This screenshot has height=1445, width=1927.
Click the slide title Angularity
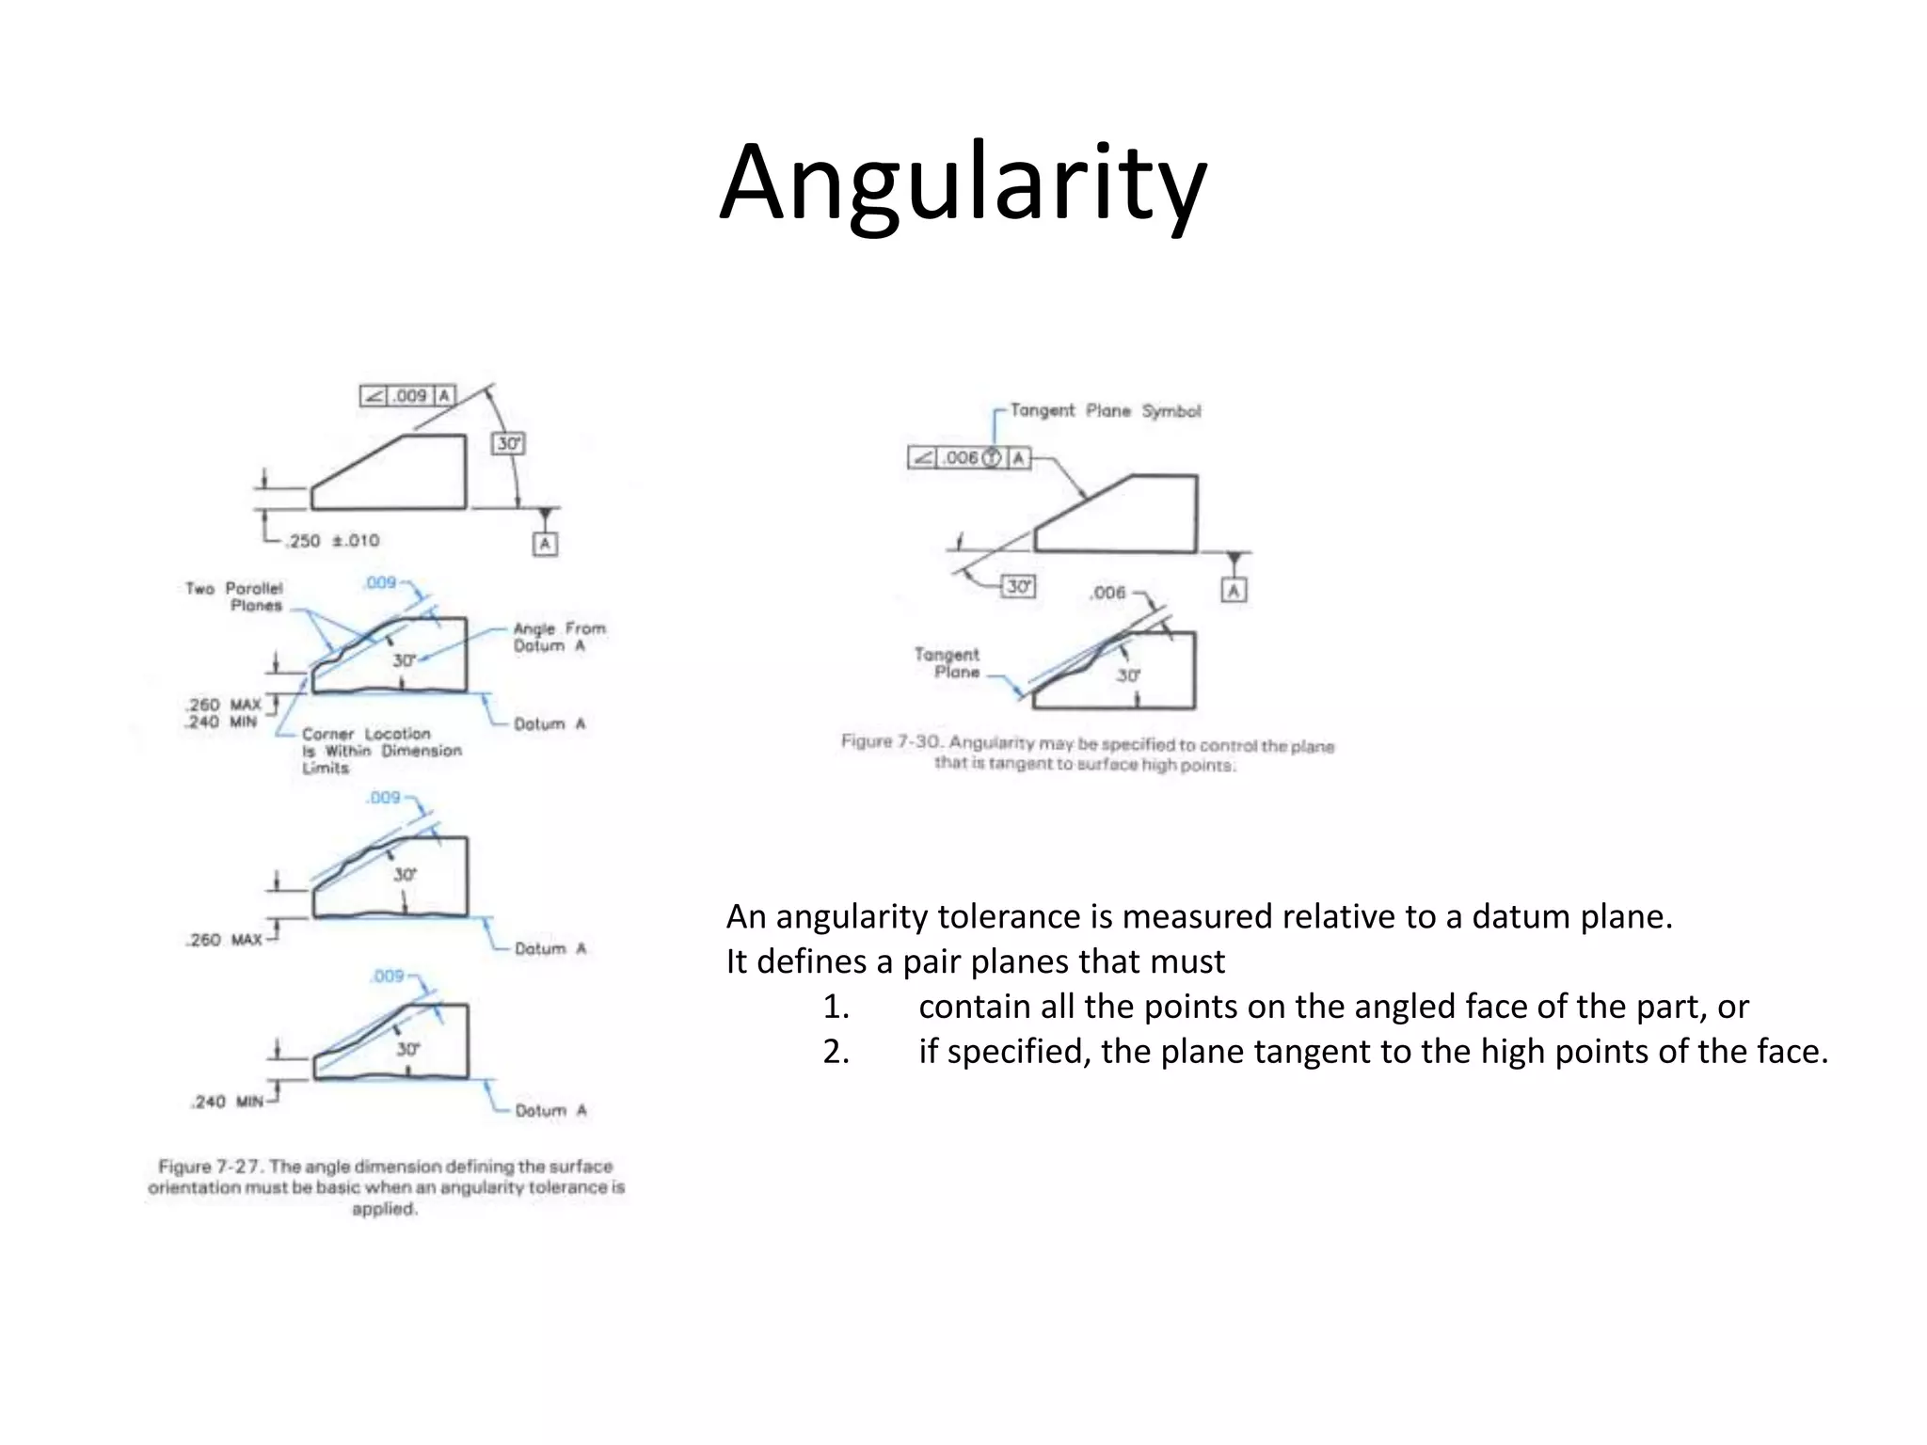[963, 183]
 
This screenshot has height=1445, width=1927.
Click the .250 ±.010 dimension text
[333, 541]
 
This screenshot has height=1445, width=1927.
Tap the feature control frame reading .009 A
[407, 396]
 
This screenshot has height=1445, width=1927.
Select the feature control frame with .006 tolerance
[969, 458]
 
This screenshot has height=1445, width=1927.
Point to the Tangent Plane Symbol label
[1105, 411]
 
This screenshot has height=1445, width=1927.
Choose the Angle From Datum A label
[559, 637]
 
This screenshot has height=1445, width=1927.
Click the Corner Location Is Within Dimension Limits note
[380, 751]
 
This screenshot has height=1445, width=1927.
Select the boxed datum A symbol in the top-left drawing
[545, 544]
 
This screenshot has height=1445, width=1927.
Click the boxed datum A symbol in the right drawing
[1234, 591]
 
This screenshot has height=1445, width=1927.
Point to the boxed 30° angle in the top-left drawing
[508, 443]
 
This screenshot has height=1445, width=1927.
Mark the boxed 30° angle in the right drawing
[1018, 587]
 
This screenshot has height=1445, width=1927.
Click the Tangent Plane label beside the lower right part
[948, 662]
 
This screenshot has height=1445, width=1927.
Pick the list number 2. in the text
[836, 1051]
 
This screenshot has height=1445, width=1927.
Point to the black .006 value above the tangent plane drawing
[1107, 593]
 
